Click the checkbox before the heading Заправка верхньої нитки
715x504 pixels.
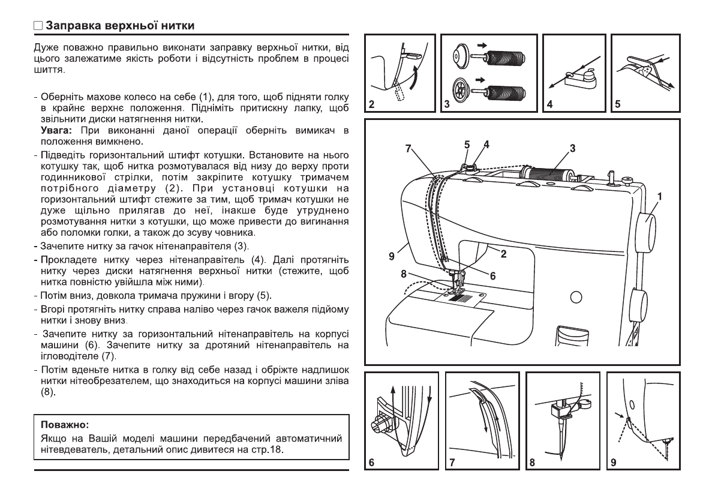click(38, 26)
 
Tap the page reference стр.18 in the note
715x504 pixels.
click(266, 449)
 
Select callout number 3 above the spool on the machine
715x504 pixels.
click(572, 148)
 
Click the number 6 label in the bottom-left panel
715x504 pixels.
click(372, 463)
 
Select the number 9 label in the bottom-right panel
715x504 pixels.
click(613, 463)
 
